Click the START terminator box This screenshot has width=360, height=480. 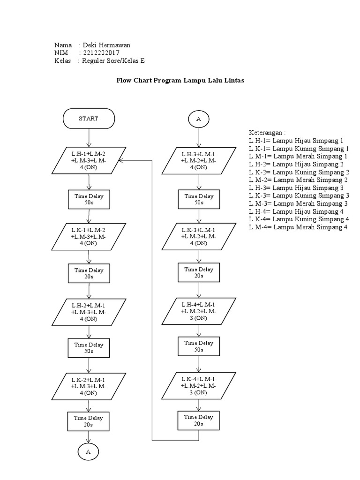[88, 119]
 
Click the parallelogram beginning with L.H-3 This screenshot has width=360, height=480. [199, 160]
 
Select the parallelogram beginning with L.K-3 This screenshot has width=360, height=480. [199, 236]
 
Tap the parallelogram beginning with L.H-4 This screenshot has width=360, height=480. [199, 311]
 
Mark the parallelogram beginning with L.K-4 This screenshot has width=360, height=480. [199, 385]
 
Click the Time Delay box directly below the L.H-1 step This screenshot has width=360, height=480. [89, 200]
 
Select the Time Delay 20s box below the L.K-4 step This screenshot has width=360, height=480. [199, 420]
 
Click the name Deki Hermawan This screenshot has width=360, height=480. [106, 45]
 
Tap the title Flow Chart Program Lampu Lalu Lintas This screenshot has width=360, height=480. [180, 80]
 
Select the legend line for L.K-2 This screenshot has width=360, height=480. [299, 172]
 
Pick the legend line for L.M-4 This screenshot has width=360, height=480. [298, 227]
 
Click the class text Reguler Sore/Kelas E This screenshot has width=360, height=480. [113, 61]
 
